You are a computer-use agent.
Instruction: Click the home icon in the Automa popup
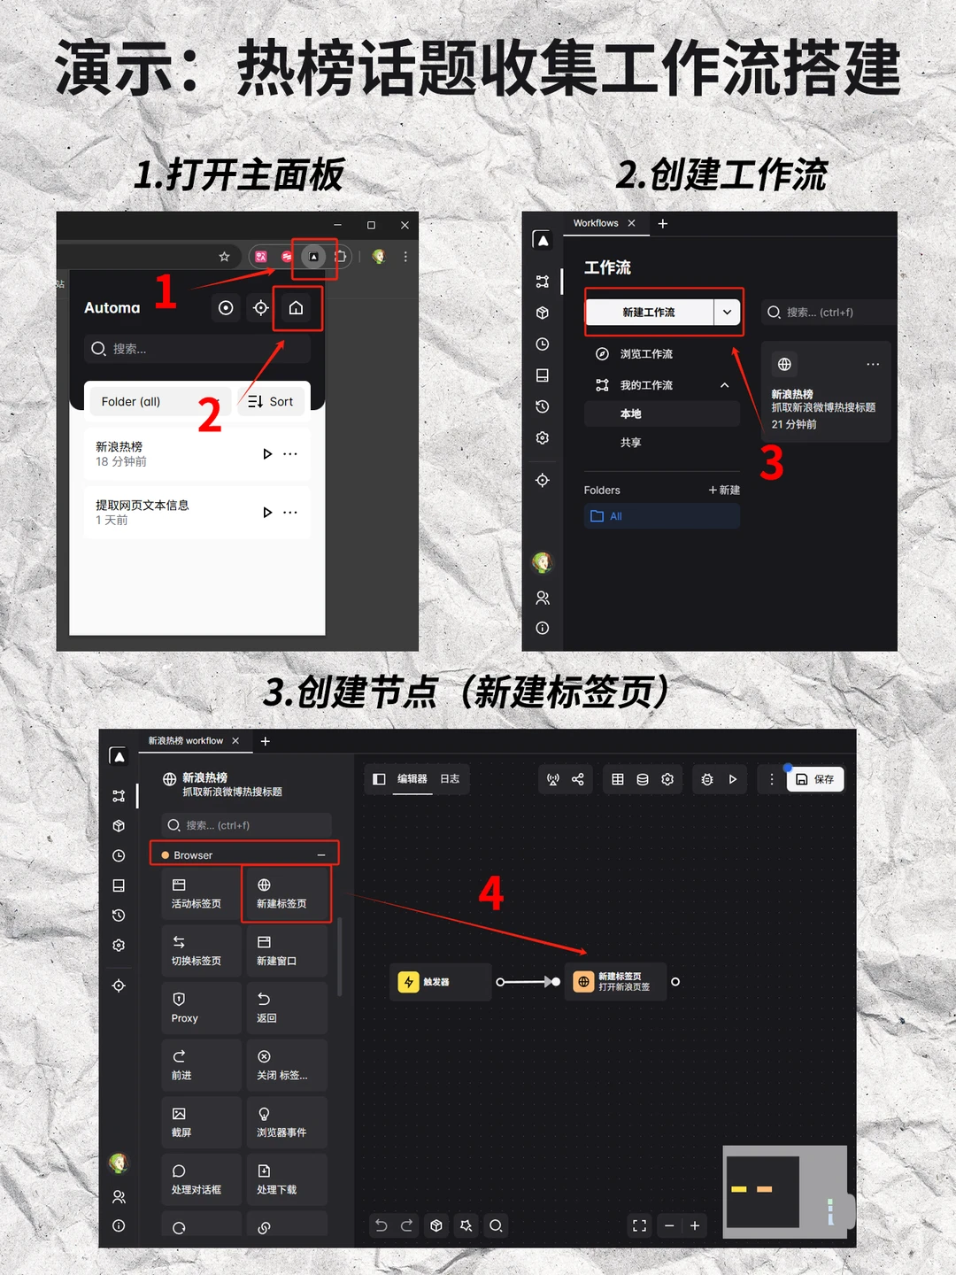point(296,308)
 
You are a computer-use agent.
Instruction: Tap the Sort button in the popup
point(271,401)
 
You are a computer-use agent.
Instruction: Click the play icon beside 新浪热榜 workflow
point(267,454)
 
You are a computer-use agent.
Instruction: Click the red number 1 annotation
point(166,291)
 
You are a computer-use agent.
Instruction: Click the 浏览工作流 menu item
point(646,354)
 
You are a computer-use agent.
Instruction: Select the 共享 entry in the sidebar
point(631,443)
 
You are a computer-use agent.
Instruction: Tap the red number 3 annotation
point(772,464)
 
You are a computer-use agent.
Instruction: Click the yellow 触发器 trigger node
point(439,982)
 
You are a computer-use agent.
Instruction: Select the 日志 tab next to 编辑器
point(450,779)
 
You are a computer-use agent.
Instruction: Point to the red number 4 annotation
point(491,893)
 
